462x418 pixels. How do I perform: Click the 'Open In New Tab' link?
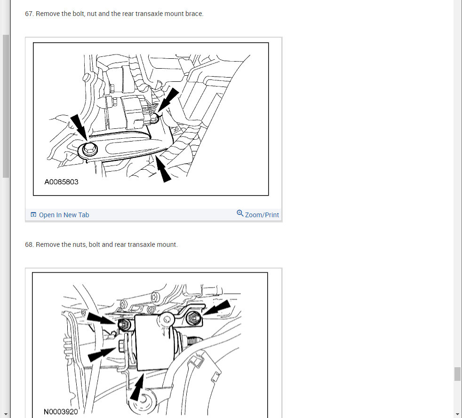click(x=64, y=215)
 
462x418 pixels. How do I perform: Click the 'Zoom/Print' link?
click(x=262, y=215)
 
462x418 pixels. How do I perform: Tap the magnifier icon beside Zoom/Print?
click(x=240, y=213)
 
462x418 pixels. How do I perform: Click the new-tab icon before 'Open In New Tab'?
click(x=33, y=214)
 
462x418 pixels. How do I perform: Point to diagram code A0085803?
click(x=61, y=182)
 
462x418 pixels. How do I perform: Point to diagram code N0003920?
click(x=61, y=411)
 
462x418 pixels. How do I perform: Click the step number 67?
click(x=29, y=14)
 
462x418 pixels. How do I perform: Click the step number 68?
click(x=29, y=244)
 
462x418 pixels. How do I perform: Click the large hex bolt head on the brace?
click(x=89, y=149)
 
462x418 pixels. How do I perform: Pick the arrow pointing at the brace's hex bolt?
click(x=79, y=127)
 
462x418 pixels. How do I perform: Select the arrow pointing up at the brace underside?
click(x=163, y=169)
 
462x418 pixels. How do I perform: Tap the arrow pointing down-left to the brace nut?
click(x=168, y=100)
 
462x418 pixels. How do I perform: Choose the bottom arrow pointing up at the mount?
click(x=137, y=387)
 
